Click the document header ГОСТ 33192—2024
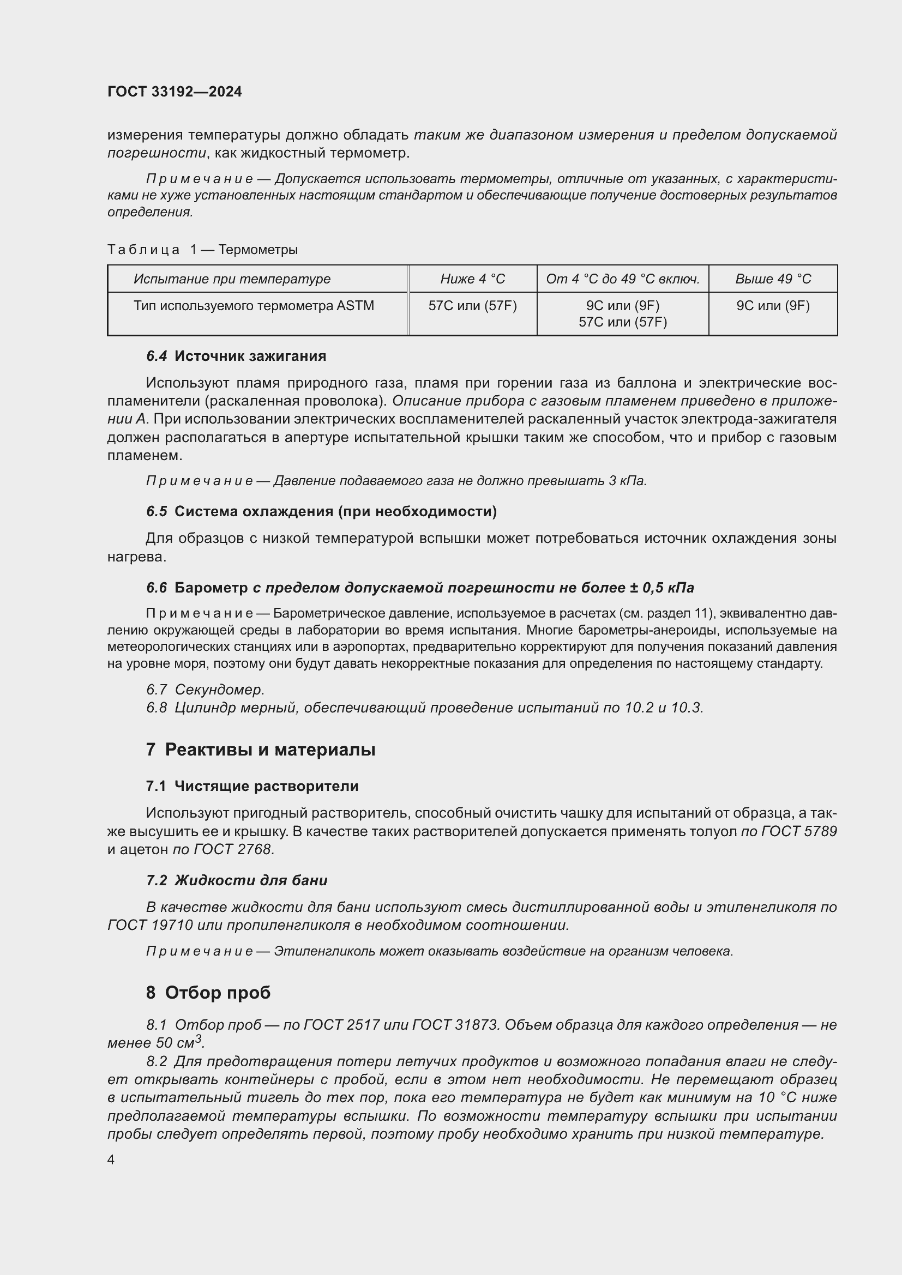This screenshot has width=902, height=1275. [175, 92]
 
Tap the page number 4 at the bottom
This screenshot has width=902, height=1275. [111, 1160]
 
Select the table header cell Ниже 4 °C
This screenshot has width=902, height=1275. [472, 279]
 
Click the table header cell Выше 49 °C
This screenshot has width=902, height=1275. [773, 279]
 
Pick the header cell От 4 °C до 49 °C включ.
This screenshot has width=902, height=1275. [622, 279]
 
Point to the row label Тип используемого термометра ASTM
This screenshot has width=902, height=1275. [253, 306]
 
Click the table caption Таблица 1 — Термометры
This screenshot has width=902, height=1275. [203, 250]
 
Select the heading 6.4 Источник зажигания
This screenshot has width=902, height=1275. [236, 356]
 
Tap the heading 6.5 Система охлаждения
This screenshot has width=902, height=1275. [321, 511]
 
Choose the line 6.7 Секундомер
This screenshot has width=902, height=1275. [206, 690]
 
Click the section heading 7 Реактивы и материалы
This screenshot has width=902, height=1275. [261, 750]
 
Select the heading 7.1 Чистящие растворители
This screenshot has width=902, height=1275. [252, 787]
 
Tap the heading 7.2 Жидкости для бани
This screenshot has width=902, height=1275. [237, 881]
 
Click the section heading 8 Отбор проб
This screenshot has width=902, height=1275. [208, 992]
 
